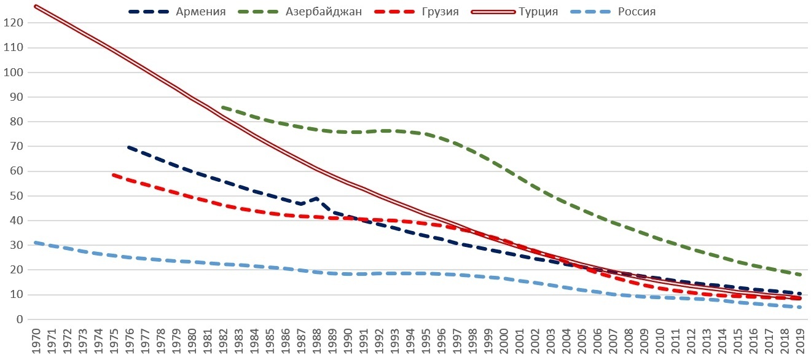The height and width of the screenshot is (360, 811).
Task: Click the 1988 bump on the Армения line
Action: [316, 198]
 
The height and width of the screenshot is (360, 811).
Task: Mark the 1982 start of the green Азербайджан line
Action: [222, 107]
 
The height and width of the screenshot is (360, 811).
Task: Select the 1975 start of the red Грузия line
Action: [113, 174]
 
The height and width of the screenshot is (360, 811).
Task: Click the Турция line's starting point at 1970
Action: [36, 6]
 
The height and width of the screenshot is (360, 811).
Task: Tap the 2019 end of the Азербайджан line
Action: [799, 275]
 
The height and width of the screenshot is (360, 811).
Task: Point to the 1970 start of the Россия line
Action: [36, 243]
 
